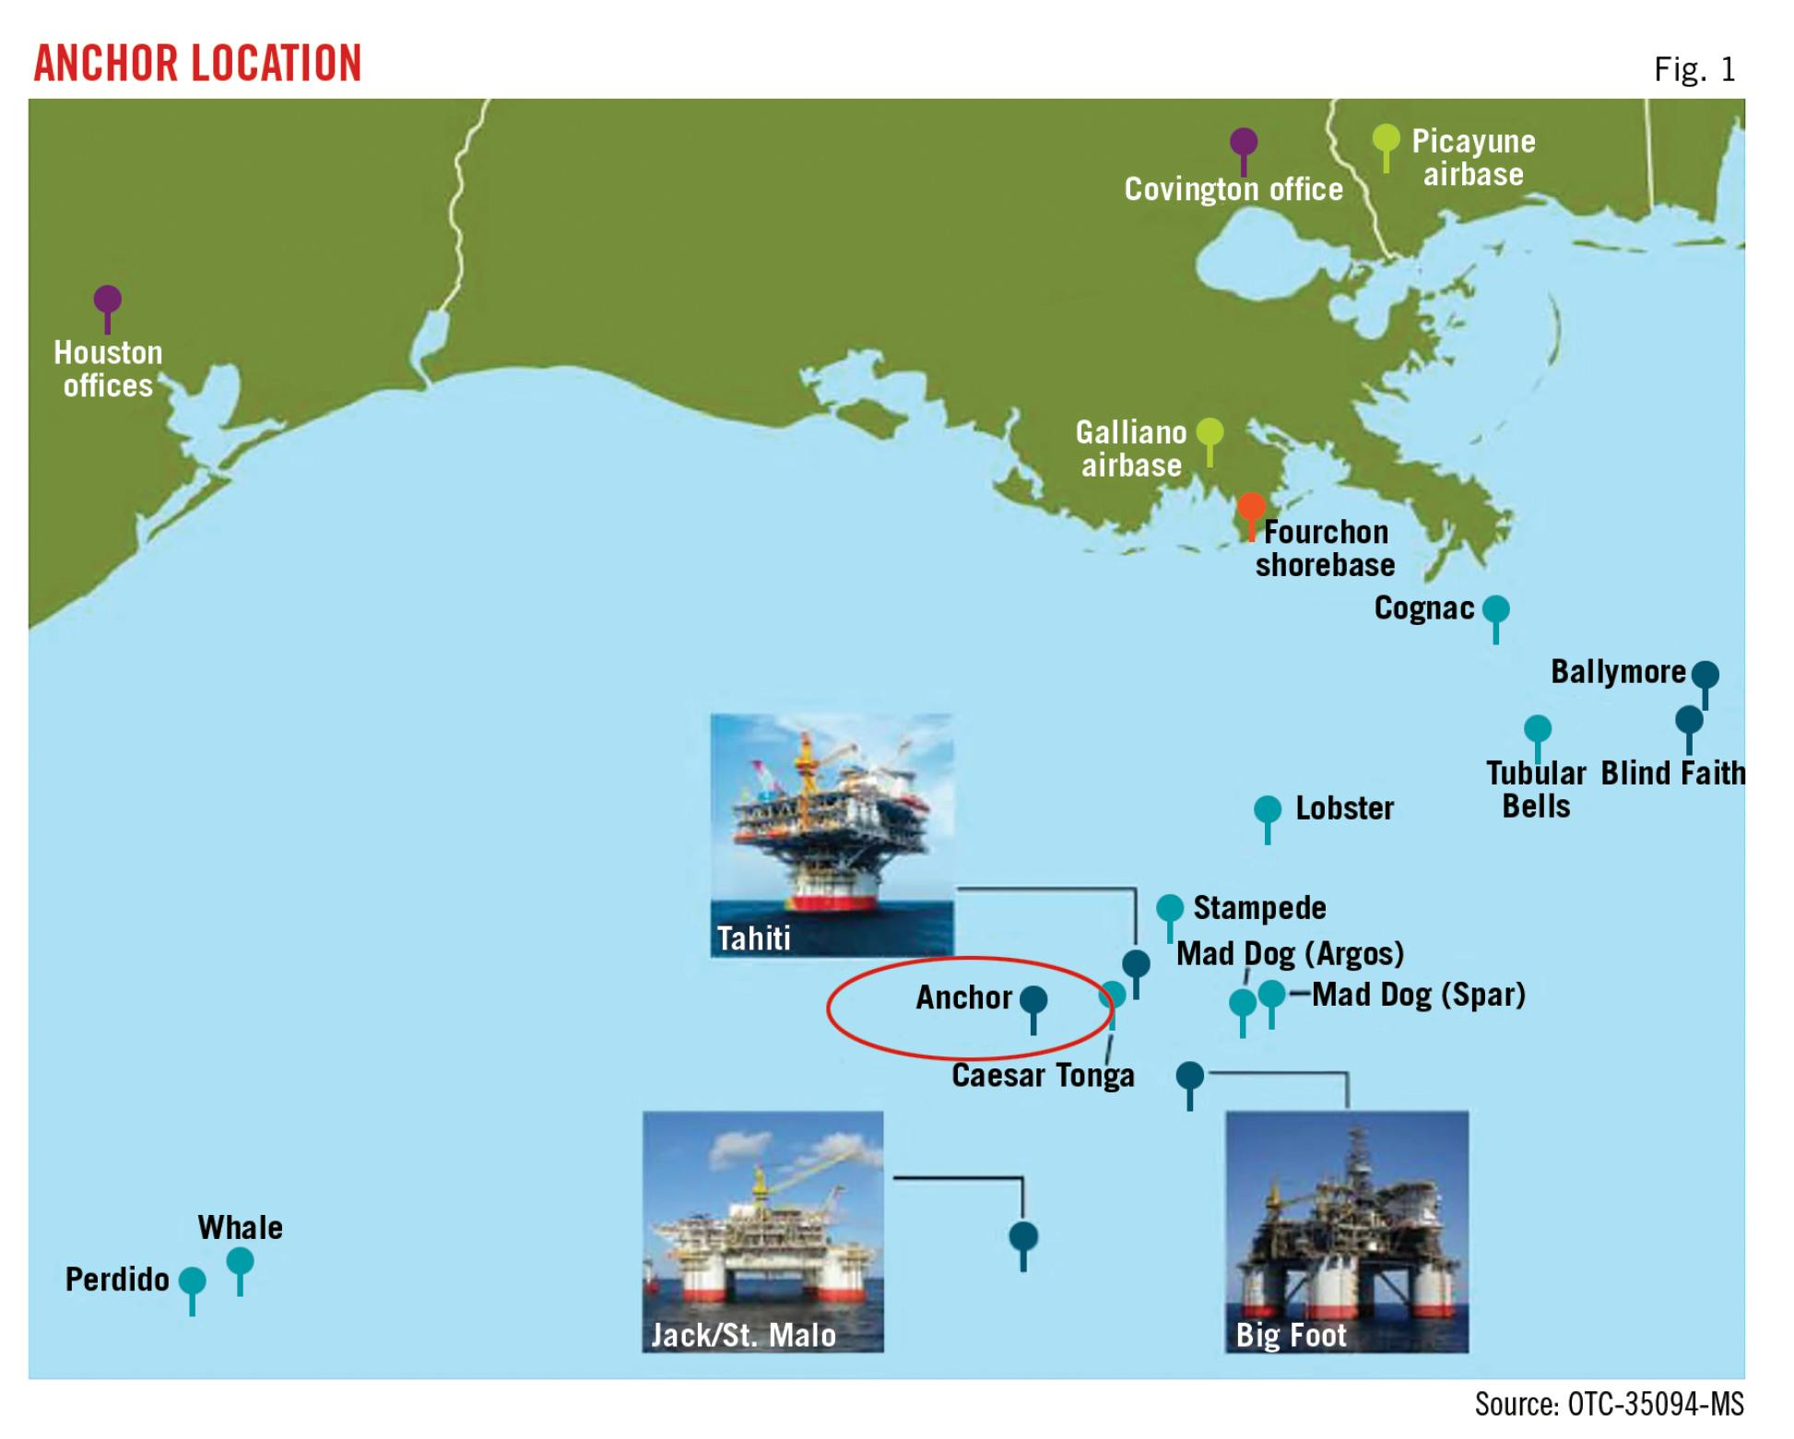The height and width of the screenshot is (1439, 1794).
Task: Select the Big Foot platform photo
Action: click(x=1346, y=1231)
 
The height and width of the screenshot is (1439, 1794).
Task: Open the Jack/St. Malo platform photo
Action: click(x=762, y=1231)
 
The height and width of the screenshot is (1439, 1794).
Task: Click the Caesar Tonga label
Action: click(x=1043, y=1076)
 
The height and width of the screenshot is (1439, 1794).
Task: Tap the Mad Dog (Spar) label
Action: click(x=1418, y=995)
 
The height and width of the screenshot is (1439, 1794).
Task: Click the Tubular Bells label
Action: click(x=1536, y=789)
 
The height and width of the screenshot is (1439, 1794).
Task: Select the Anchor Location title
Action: click(x=197, y=64)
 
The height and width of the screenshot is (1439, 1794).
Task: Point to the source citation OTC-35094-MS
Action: click(x=1609, y=1404)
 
